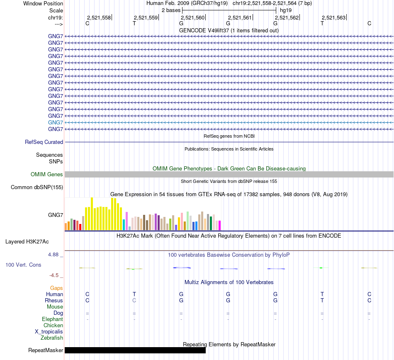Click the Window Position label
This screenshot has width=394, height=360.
(x=43, y=3)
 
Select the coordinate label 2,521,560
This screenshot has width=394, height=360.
(x=192, y=17)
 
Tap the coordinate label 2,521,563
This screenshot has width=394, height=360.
(x=333, y=17)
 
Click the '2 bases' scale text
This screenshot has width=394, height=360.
(x=171, y=10)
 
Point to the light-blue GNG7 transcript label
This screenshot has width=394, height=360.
(x=56, y=122)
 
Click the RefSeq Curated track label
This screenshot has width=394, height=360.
(x=44, y=142)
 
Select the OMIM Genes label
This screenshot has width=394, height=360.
(x=47, y=175)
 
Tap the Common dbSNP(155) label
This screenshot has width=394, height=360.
(x=37, y=187)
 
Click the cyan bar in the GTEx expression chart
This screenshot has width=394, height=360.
(x=124, y=224)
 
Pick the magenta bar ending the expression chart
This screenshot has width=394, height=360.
(x=219, y=225)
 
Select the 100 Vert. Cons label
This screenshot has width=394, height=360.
(x=23, y=265)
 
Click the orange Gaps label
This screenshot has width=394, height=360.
(x=56, y=288)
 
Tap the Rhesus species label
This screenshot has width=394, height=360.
(x=54, y=300)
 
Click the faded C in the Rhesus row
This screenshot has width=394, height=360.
(x=134, y=300)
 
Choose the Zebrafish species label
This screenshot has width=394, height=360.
(x=52, y=338)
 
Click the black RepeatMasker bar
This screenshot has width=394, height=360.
(x=135, y=350)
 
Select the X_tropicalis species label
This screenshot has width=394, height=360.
(x=49, y=332)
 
